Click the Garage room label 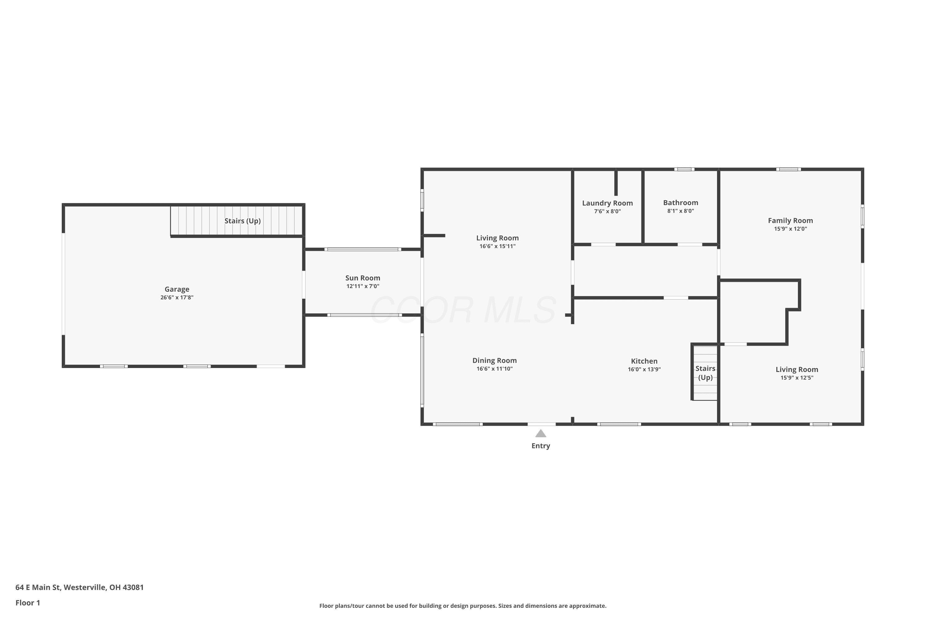(x=177, y=289)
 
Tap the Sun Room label (x=363, y=278)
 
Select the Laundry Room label (x=607, y=203)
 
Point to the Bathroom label (x=680, y=203)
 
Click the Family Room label (x=790, y=221)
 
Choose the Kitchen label (x=644, y=361)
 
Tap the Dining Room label (x=494, y=361)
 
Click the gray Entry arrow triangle (x=540, y=434)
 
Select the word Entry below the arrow (x=540, y=446)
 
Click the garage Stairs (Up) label (x=243, y=221)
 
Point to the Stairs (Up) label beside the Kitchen (x=705, y=373)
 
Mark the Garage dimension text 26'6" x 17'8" (x=177, y=298)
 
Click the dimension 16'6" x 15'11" (x=497, y=246)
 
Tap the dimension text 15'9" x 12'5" (x=797, y=378)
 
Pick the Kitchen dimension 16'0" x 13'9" (x=644, y=369)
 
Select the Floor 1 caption (x=27, y=603)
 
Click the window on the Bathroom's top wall (x=684, y=169)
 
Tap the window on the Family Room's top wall (x=789, y=169)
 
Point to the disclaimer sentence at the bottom (x=463, y=606)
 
